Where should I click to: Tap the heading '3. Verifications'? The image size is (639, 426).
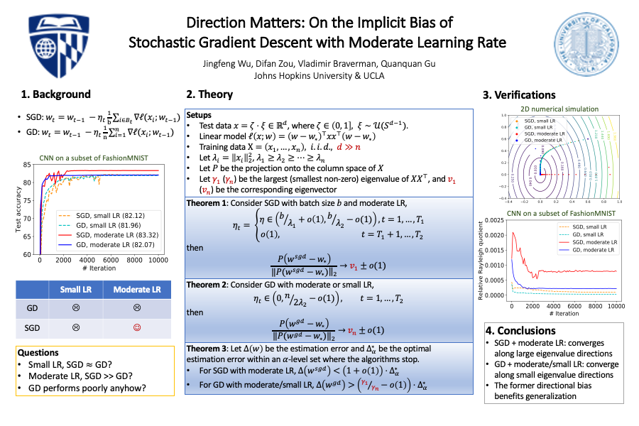point(519,94)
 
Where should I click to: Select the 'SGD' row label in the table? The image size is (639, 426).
point(32,329)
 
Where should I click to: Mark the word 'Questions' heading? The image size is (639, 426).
point(39,352)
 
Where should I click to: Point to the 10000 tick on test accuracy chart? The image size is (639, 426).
point(157,261)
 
